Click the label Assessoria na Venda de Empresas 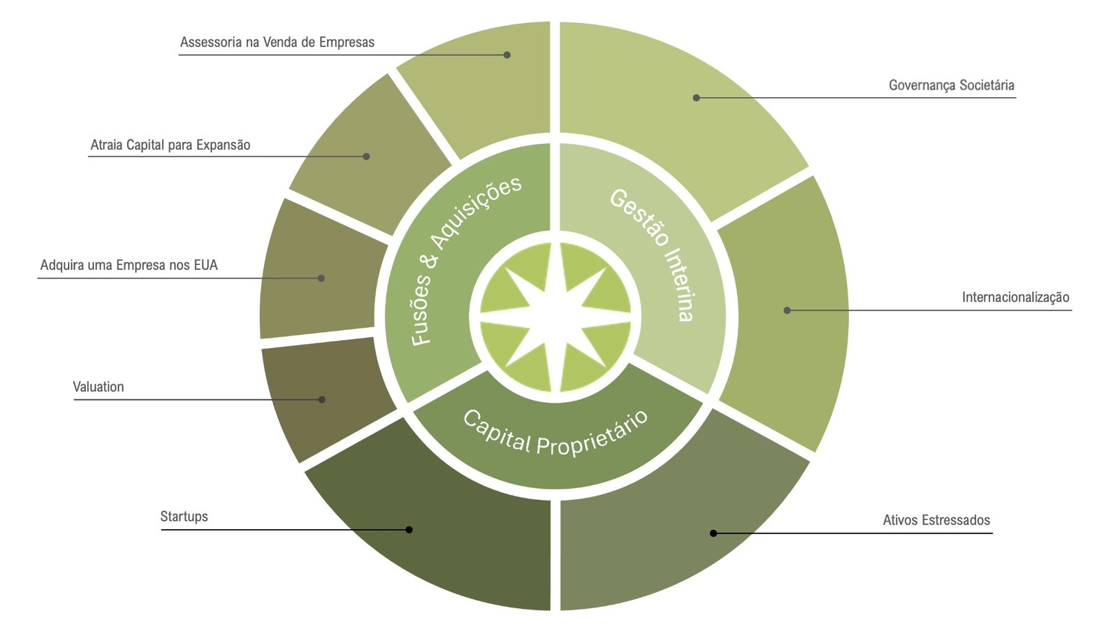(277, 43)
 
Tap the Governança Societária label (951, 85)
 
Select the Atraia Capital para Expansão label (170, 145)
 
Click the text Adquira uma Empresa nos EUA (129, 265)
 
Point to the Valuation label (99, 387)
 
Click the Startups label (184, 517)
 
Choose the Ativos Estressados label (936, 520)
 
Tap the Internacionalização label (1016, 298)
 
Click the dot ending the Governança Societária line (696, 98)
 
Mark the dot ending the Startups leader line (409, 530)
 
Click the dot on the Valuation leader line (322, 399)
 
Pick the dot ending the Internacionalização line (787, 310)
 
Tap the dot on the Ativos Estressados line (713, 533)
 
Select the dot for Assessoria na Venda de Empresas (507, 55)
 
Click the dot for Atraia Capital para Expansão (366, 157)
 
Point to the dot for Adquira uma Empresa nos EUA (321, 278)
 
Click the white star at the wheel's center (555, 317)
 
